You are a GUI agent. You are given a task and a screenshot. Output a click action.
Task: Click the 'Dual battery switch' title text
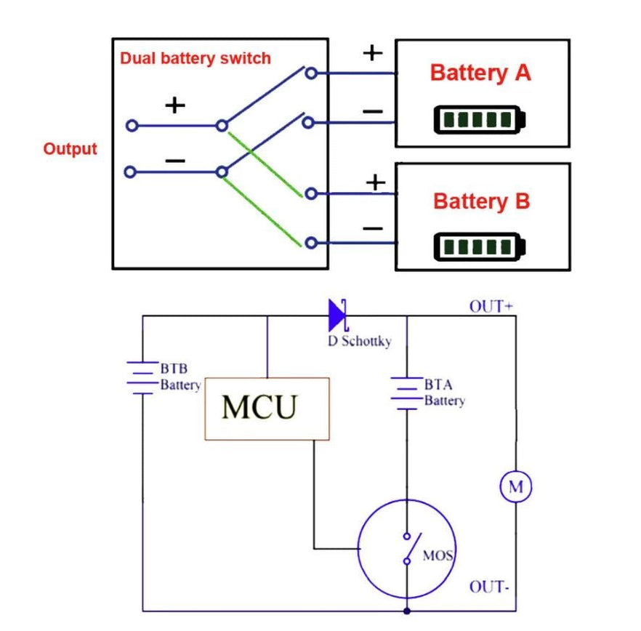(195, 58)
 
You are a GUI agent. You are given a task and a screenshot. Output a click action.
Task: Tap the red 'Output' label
(70, 149)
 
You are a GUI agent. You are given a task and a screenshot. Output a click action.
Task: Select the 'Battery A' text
(480, 73)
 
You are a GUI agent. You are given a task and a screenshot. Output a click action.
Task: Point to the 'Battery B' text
(481, 201)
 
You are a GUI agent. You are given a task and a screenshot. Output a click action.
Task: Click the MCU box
(267, 409)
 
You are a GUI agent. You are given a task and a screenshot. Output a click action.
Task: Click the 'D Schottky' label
(358, 341)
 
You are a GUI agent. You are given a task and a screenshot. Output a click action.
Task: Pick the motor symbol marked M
(516, 486)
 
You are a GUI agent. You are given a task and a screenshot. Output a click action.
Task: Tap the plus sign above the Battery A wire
(372, 52)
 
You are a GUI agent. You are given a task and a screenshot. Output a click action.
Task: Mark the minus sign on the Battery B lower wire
(373, 228)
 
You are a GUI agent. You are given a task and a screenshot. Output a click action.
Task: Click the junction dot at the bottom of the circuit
(407, 611)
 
